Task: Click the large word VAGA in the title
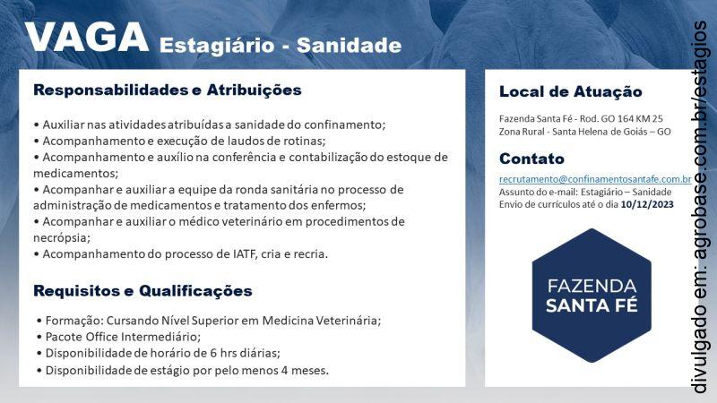point(87,38)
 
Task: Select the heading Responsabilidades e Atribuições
point(167,90)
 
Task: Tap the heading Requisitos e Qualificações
point(143,291)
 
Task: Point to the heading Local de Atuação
point(570,91)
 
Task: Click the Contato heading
point(531,159)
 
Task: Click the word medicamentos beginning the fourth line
point(74,173)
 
